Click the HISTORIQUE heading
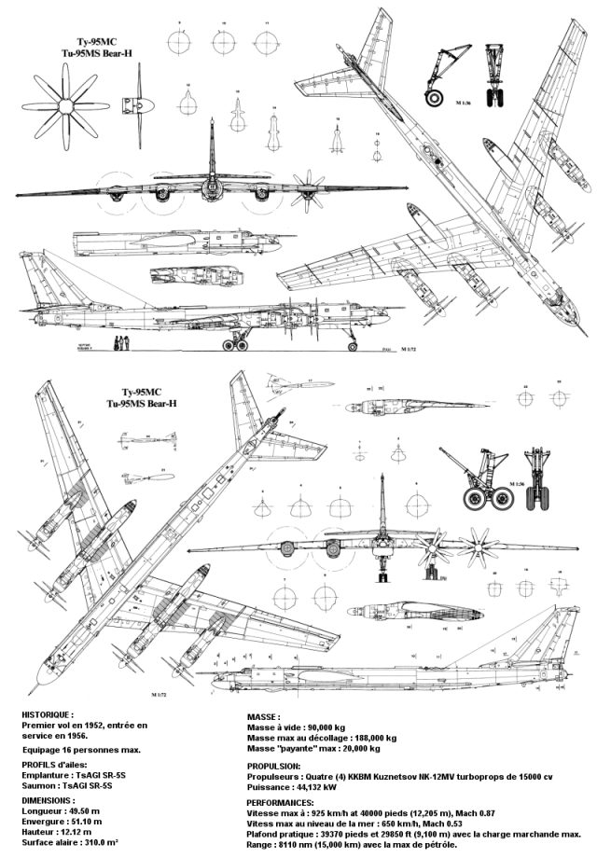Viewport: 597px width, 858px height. pyautogui.click(x=48, y=713)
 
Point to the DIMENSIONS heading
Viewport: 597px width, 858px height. pyautogui.click(x=49, y=801)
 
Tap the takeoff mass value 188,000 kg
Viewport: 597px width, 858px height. pyautogui.click(x=370, y=737)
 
